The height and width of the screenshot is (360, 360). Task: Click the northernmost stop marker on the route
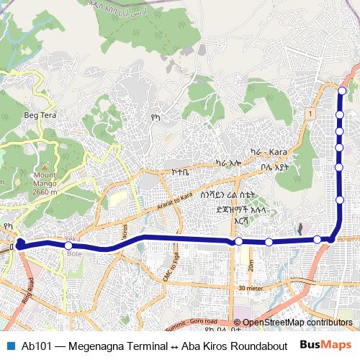point(342,91)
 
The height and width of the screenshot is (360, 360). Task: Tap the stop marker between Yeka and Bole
point(68,246)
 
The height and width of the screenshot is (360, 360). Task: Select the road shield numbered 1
point(308,114)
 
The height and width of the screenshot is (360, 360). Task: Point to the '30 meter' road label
point(249,289)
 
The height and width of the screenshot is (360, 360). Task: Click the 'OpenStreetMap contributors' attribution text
point(297,323)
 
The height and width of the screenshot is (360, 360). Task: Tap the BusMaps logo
point(325,345)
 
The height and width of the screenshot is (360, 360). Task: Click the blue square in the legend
point(9,345)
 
